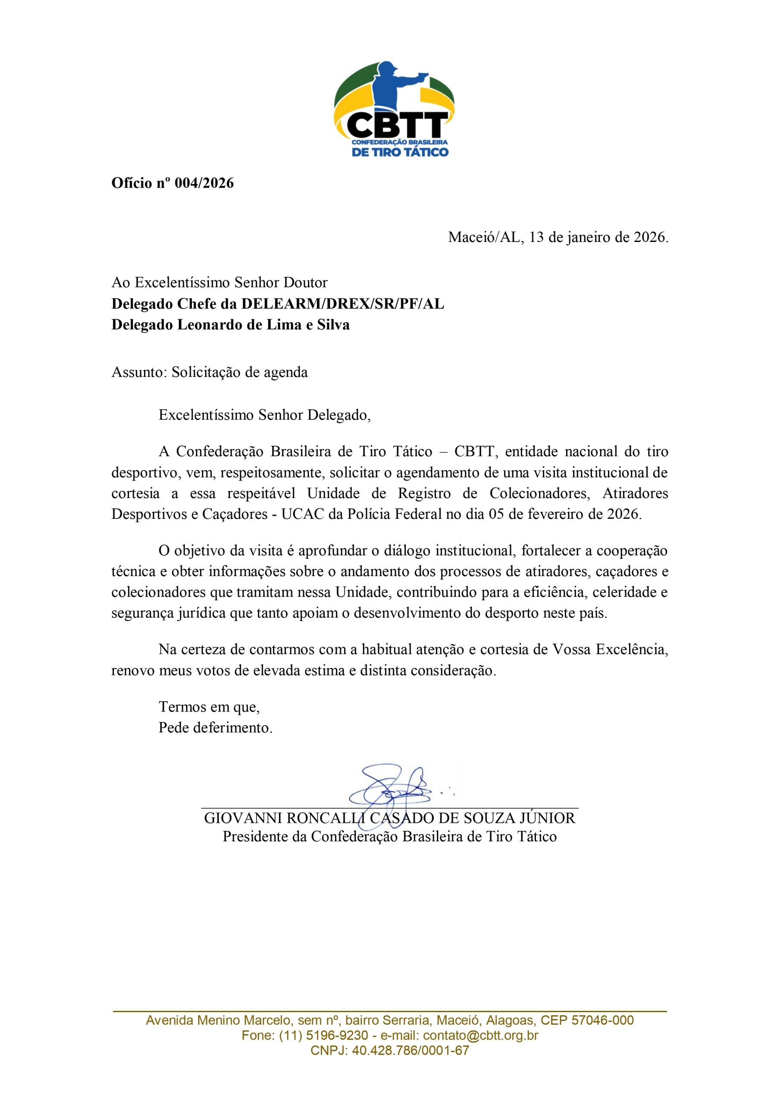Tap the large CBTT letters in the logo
[397, 126]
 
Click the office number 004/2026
[204, 183]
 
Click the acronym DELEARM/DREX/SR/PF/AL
[342, 304]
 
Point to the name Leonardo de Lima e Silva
[263, 325]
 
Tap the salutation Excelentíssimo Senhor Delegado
[264, 415]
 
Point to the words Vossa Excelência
[610, 649]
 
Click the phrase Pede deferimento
[215, 728]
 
